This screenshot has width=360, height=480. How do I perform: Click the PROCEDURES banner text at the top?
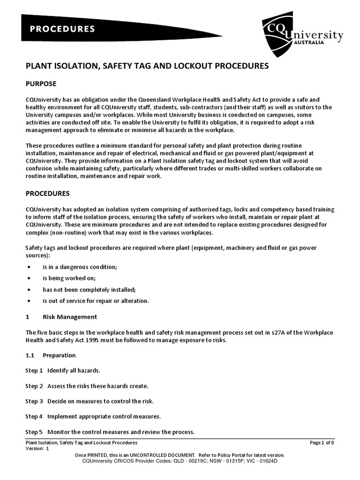(x=62, y=29)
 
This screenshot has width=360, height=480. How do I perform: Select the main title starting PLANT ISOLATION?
(x=147, y=66)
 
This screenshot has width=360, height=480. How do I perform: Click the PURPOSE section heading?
(x=41, y=84)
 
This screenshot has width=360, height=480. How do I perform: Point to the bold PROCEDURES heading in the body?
(x=47, y=193)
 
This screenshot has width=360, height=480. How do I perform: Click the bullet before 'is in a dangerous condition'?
(x=29, y=267)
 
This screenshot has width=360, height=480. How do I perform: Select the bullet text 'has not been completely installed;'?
(x=89, y=289)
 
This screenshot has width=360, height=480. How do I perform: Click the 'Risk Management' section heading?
(x=70, y=317)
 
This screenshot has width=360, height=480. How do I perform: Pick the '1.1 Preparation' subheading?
(x=51, y=355)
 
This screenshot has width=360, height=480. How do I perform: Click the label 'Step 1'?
(x=34, y=370)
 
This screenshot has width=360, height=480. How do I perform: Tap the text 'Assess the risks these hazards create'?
(x=97, y=386)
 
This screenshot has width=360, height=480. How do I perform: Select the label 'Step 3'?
(x=34, y=401)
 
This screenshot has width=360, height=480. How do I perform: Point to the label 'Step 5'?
(x=34, y=432)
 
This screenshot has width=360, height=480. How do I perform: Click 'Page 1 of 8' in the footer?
(x=322, y=442)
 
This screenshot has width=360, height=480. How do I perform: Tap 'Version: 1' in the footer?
(x=37, y=449)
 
